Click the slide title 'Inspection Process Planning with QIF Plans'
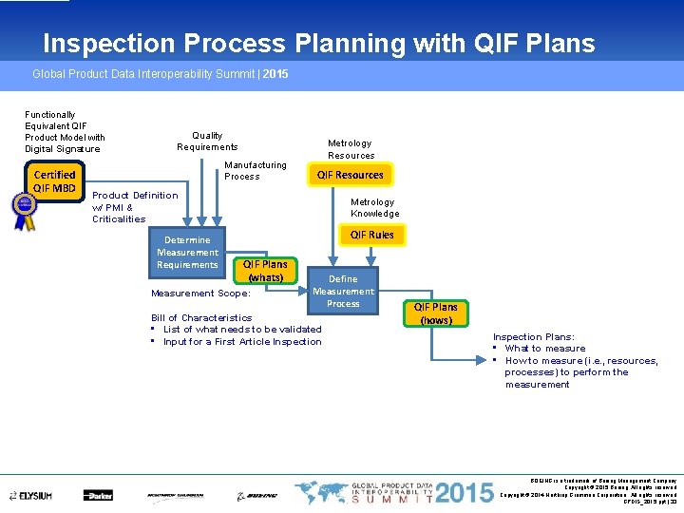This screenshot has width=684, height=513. pyautogui.click(x=318, y=44)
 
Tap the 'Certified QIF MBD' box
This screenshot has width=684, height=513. pyautogui.click(x=54, y=181)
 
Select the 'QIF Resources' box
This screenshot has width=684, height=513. pyautogui.click(x=350, y=175)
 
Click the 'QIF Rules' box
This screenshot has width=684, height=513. pyautogui.click(x=371, y=235)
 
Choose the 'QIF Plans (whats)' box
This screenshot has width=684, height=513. pyautogui.click(x=265, y=271)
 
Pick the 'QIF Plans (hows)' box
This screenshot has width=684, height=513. pyautogui.click(x=436, y=313)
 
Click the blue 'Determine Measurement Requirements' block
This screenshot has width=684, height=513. pyautogui.click(x=187, y=253)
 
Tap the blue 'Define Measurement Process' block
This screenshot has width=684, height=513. pyautogui.click(x=343, y=291)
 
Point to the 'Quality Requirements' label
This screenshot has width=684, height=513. pyautogui.click(x=207, y=142)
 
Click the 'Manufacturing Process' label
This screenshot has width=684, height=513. pyautogui.click(x=255, y=170)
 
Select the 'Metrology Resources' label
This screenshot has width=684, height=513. pyautogui.click(x=351, y=149)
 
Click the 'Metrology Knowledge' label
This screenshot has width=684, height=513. pyautogui.click(x=374, y=207)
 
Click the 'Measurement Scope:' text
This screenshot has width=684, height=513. pyautogui.click(x=200, y=294)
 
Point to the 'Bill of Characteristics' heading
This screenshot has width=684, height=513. pyautogui.click(x=201, y=318)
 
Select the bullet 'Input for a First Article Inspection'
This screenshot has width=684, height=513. pyautogui.click(x=241, y=342)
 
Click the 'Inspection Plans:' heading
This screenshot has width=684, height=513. pyautogui.click(x=532, y=337)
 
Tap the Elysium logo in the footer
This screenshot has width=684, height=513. pyautogui.click(x=32, y=495)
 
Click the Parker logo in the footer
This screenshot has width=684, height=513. pyautogui.click(x=98, y=495)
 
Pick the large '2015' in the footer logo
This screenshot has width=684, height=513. pyautogui.click(x=466, y=493)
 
